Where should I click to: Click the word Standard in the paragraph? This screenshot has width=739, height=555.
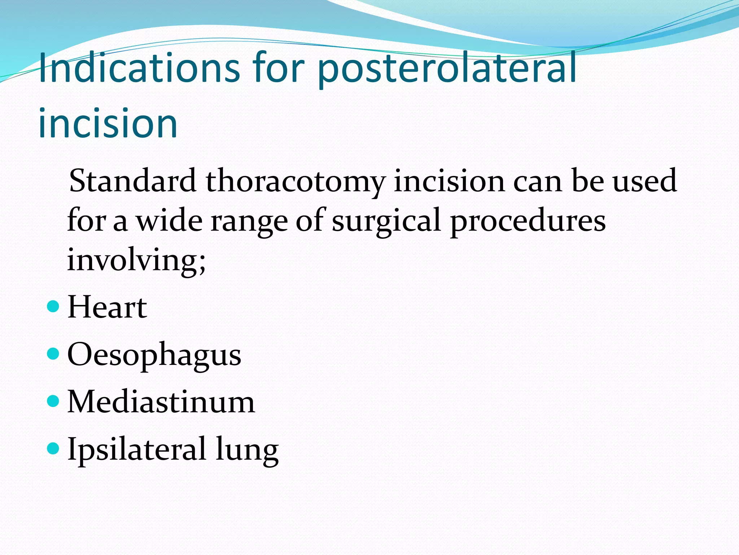132,181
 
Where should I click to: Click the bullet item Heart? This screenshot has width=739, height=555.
107,307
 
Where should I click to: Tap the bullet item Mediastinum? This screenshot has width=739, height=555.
161,402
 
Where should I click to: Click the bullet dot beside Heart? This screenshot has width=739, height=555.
53,307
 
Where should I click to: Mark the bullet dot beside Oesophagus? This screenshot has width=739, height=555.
53,354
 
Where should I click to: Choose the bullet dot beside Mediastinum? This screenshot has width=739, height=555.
53,401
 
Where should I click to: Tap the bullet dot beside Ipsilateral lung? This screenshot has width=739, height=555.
53,448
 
